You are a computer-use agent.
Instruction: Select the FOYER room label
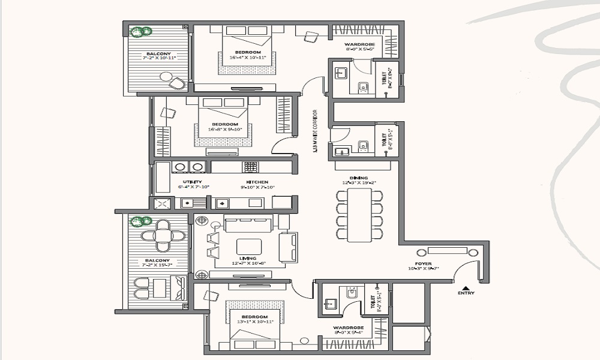click(x=424, y=263)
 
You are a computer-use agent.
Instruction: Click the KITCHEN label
click(x=256, y=182)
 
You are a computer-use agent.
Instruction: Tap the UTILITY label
click(x=193, y=182)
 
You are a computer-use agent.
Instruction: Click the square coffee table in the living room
click(x=249, y=247)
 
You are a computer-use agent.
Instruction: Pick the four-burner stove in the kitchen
click(x=250, y=166)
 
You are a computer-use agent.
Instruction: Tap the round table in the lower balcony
click(x=163, y=234)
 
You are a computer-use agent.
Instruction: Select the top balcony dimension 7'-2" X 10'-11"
click(x=155, y=59)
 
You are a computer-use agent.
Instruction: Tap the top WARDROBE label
click(x=359, y=46)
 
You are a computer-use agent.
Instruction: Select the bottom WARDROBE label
click(x=348, y=328)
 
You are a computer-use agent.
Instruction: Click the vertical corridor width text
click(x=315, y=131)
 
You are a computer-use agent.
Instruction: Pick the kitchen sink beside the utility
click(x=221, y=203)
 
